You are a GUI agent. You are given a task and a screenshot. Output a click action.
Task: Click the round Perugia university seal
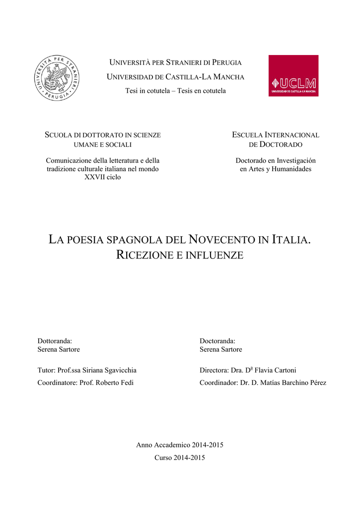click(57, 78)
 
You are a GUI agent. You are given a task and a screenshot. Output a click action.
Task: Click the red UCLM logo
click(293, 75)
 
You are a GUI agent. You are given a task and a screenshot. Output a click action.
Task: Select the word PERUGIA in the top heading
click(226, 63)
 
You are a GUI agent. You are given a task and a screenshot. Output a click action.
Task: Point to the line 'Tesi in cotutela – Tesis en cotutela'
click(175, 91)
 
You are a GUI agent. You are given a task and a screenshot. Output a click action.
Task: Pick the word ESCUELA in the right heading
click(247, 135)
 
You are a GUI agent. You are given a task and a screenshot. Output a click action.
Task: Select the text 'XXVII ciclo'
click(103, 177)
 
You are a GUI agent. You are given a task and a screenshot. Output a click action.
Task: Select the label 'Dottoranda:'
click(55, 341)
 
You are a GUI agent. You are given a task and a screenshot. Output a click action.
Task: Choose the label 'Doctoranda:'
click(217, 341)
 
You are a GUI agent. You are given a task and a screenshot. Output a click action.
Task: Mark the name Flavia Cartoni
click(275, 370)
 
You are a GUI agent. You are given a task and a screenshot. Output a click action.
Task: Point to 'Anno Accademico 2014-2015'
click(180, 445)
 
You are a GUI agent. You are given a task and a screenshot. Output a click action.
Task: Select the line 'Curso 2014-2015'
click(180, 457)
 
